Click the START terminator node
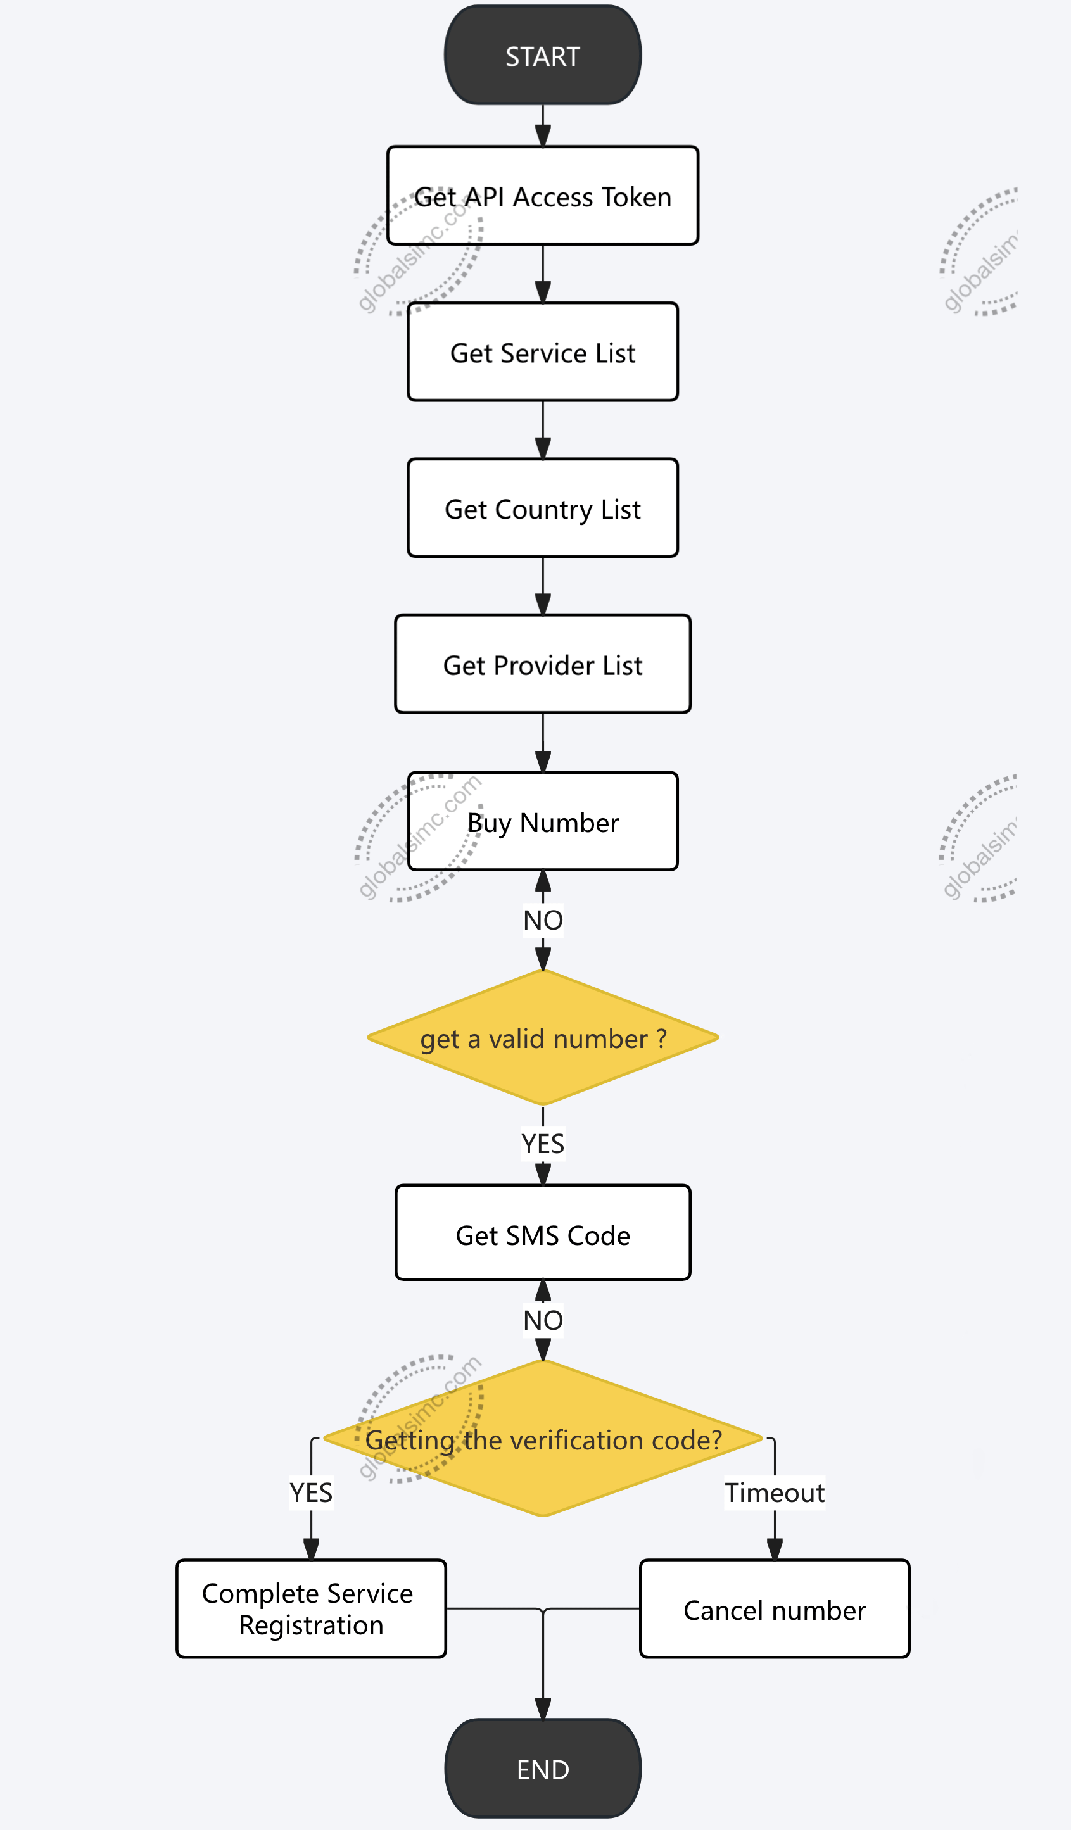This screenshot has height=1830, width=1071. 542,55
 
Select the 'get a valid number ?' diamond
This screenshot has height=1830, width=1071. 542,1037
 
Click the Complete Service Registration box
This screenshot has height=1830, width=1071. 311,1608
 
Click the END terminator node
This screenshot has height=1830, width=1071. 542,1769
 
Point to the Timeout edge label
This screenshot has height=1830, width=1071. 774,1492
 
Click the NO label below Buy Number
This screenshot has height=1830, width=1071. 542,919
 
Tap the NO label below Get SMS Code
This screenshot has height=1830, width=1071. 542,1320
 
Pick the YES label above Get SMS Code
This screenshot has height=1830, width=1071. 542,1143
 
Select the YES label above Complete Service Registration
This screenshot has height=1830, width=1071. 311,1492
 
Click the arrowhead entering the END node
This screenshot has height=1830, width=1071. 542,1708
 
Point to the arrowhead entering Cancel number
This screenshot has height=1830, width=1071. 774,1549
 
